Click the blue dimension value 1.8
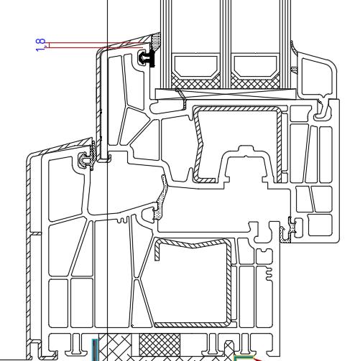click(40, 45)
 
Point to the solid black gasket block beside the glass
click(152, 58)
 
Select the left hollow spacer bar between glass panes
click(196, 66)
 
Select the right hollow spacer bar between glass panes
click(255, 66)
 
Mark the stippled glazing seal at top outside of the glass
click(156, 42)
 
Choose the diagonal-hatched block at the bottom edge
click(115, 347)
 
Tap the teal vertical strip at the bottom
click(96, 350)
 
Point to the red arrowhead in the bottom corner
click(258, 360)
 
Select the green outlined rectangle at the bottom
click(243, 358)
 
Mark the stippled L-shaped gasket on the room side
click(287, 232)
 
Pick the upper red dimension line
click(96, 43)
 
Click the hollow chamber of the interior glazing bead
click(317, 77)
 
